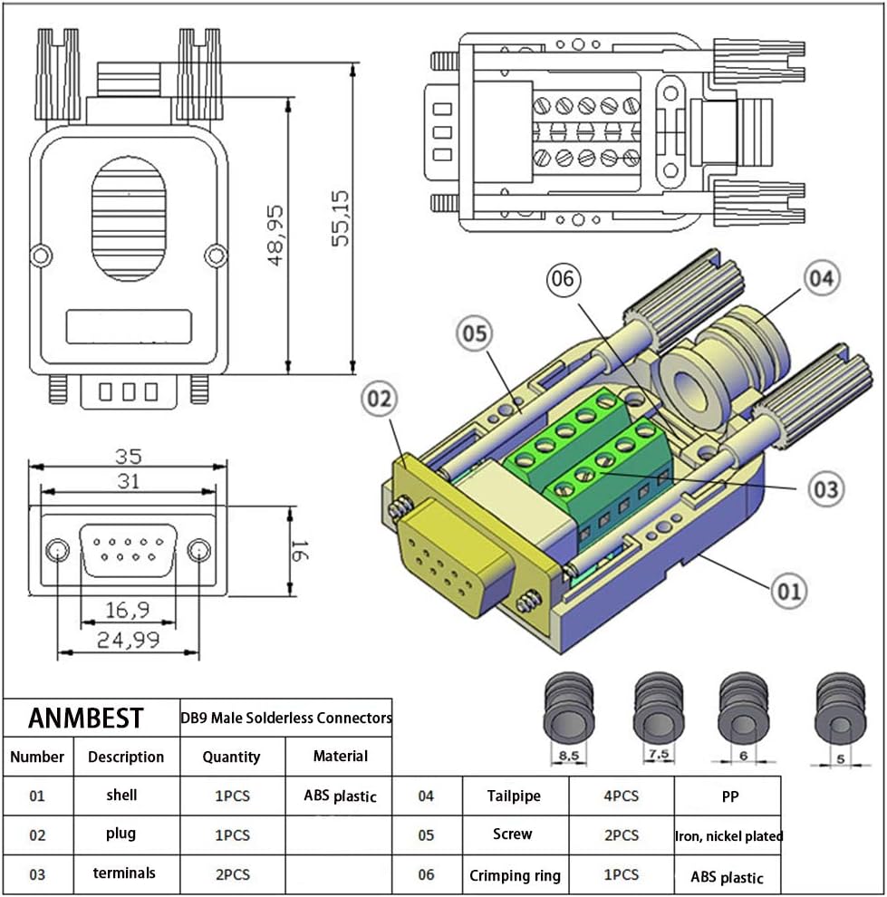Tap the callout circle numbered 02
point(382,400)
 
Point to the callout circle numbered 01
point(788,592)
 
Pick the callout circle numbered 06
point(563,279)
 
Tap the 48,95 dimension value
point(275,234)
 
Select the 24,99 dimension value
point(128,641)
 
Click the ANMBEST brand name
point(85,718)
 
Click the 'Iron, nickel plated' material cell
point(728,835)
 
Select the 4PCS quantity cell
point(621,796)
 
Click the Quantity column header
point(231,757)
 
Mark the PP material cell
point(728,796)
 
